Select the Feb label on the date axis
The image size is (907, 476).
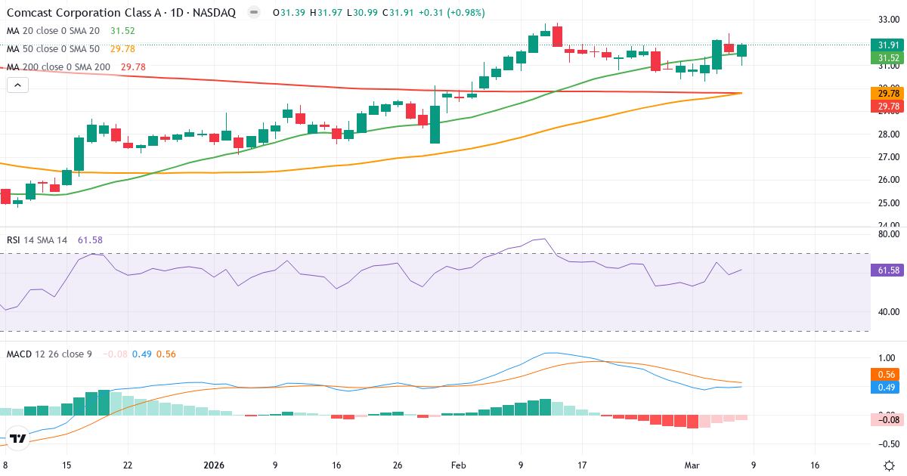pyautogui.click(x=459, y=465)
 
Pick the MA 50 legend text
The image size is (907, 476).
pyautogui.click(x=53, y=49)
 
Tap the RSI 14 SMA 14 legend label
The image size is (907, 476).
pyautogui.click(x=37, y=240)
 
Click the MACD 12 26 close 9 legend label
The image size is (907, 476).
pyautogui.click(x=49, y=354)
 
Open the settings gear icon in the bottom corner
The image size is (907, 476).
pyautogui.click(x=889, y=465)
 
